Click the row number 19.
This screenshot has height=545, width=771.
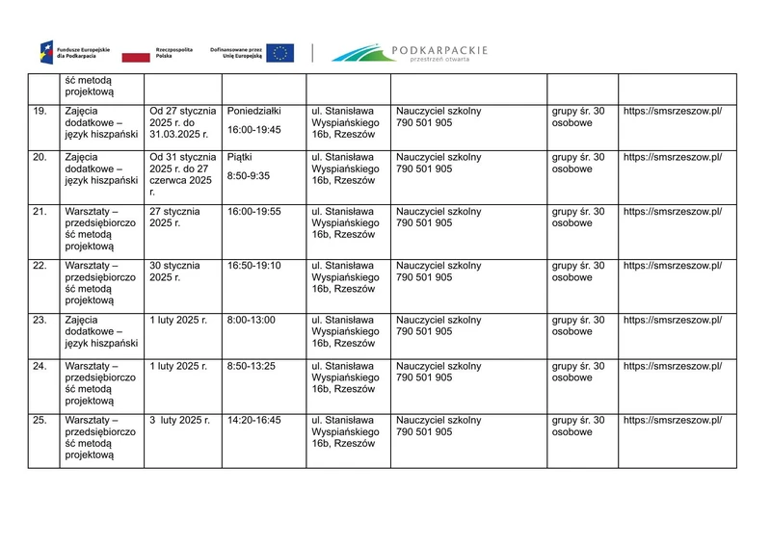click(40, 112)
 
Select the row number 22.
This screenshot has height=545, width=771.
click(40, 266)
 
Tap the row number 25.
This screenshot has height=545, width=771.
click(40, 420)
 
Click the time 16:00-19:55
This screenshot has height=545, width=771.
click(254, 212)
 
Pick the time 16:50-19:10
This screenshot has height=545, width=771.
click(254, 266)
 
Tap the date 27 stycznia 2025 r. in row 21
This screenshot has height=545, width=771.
click(174, 218)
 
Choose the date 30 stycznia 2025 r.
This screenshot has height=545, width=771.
click(174, 272)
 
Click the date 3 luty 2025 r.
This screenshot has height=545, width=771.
click(179, 420)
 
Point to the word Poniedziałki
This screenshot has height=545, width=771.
click(253, 112)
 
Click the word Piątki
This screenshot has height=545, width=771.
click(240, 157)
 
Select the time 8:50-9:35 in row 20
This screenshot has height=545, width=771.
click(248, 176)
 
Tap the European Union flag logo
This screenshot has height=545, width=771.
click(280, 53)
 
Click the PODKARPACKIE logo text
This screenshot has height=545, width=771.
click(440, 49)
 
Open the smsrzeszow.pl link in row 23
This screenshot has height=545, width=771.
click(673, 320)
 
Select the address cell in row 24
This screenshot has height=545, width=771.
click(345, 377)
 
